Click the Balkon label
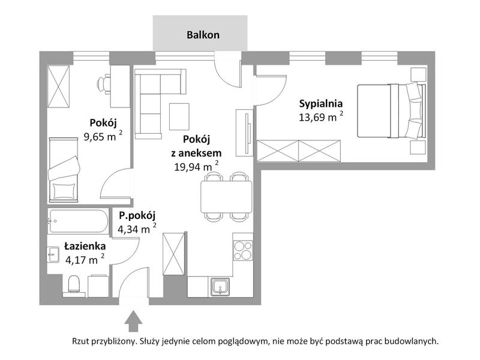pos(203,35)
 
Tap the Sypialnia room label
pos(321,103)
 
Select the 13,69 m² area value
pos(321,116)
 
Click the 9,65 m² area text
pos(103,136)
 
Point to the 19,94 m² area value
pos(196,166)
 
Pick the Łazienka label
pos(85,246)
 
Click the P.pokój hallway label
pos(137,216)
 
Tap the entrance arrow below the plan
pos(133,321)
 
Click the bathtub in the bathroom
pos(78,221)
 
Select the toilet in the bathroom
pos(74,284)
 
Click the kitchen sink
pos(220,287)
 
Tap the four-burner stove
pos(243,250)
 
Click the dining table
pos(227,197)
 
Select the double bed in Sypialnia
pos(391,111)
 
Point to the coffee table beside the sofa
pos(179,116)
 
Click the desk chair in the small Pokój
pos(104,83)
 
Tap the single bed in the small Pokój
pos(64,170)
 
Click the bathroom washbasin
pos(53,254)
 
